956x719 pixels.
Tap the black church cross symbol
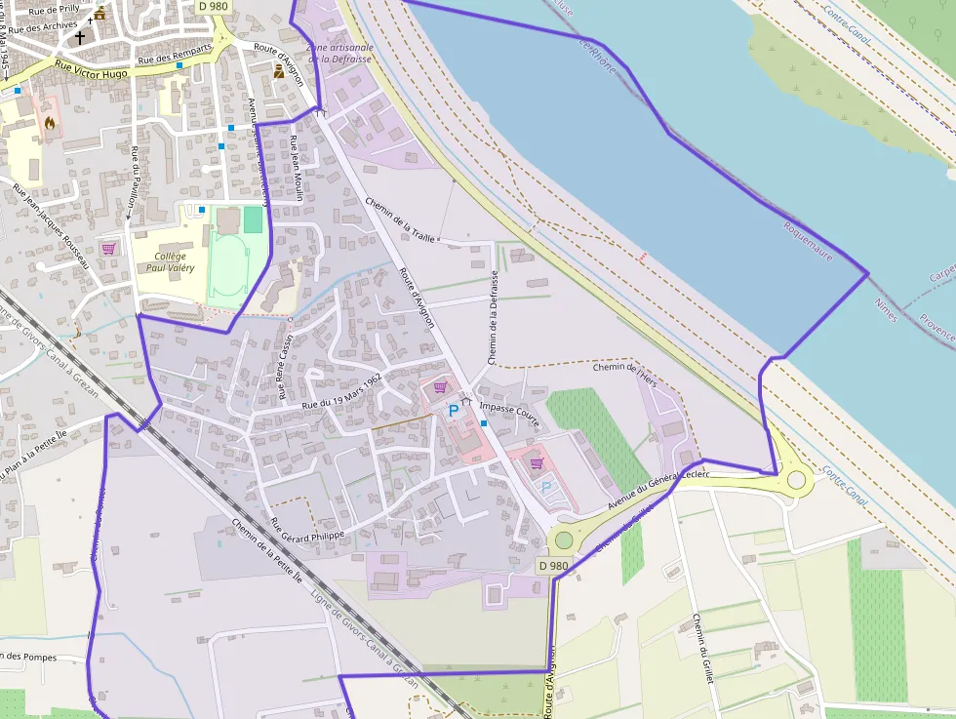pyautogui.click(x=79, y=38)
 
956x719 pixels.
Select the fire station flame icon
pyautogui.click(x=49, y=123)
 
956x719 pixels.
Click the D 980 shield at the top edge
pyautogui.click(x=214, y=6)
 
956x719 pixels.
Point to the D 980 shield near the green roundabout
pyautogui.click(x=553, y=566)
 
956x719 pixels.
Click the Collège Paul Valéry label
pyautogui.click(x=170, y=261)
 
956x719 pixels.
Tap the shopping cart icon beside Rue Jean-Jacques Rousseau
pyautogui.click(x=107, y=249)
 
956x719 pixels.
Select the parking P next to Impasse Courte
pyautogui.click(x=453, y=412)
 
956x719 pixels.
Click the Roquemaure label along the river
pyautogui.click(x=808, y=240)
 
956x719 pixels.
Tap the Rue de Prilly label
pyautogui.click(x=56, y=9)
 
